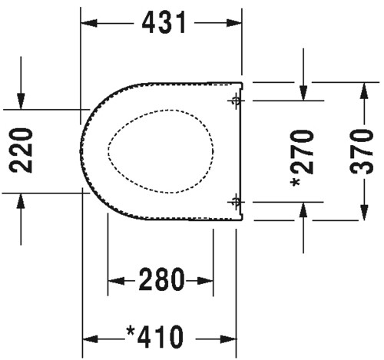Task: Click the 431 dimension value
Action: pyautogui.click(x=164, y=23)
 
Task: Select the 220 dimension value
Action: pyautogui.click(x=21, y=150)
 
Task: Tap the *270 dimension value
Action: pyautogui.click(x=303, y=158)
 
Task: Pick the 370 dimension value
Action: pyautogui.click(x=362, y=152)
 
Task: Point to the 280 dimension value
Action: pyautogui.click(x=161, y=279)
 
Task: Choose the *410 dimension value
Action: pyautogui.click(x=155, y=337)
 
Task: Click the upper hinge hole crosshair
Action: pyautogui.click(x=236, y=101)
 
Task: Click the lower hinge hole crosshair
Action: pyautogui.click(x=236, y=202)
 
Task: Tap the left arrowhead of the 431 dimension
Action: pyautogui.click(x=89, y=23)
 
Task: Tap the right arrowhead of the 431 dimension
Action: pyautogui.click(x=234, y=23)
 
